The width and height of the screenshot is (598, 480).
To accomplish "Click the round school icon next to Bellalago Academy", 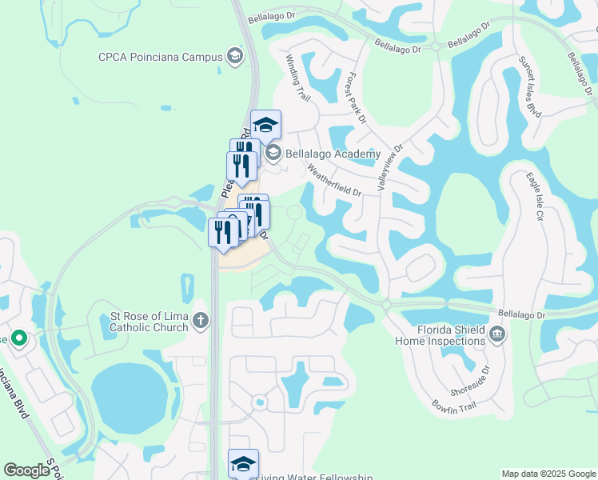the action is (273, 153).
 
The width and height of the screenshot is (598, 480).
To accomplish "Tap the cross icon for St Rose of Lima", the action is (200, 321).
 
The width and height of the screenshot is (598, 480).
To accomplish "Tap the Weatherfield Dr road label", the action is (334, 181).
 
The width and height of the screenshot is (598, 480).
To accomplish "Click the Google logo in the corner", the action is (27, 470).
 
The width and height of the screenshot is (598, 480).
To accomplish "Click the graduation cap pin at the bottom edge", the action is (243, 463).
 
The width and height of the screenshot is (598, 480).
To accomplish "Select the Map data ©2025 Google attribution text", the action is (548, 474).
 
